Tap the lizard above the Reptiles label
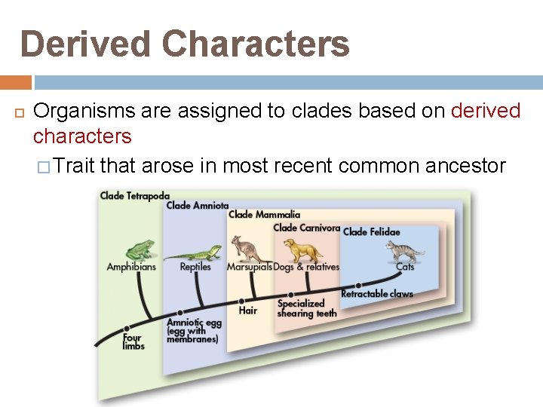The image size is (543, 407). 193,252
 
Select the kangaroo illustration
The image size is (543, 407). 246,249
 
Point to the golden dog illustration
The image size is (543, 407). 298,249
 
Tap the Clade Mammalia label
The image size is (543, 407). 264,215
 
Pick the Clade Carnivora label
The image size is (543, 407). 306,227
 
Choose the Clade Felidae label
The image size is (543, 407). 372,231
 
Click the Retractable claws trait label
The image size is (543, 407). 377,293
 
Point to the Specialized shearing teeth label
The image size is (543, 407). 307,308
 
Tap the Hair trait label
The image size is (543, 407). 247,310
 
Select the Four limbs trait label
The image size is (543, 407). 133,341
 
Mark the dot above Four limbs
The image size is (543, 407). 127,327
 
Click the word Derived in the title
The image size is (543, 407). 89,44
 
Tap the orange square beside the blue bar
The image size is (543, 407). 16,82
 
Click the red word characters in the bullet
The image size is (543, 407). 82,136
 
